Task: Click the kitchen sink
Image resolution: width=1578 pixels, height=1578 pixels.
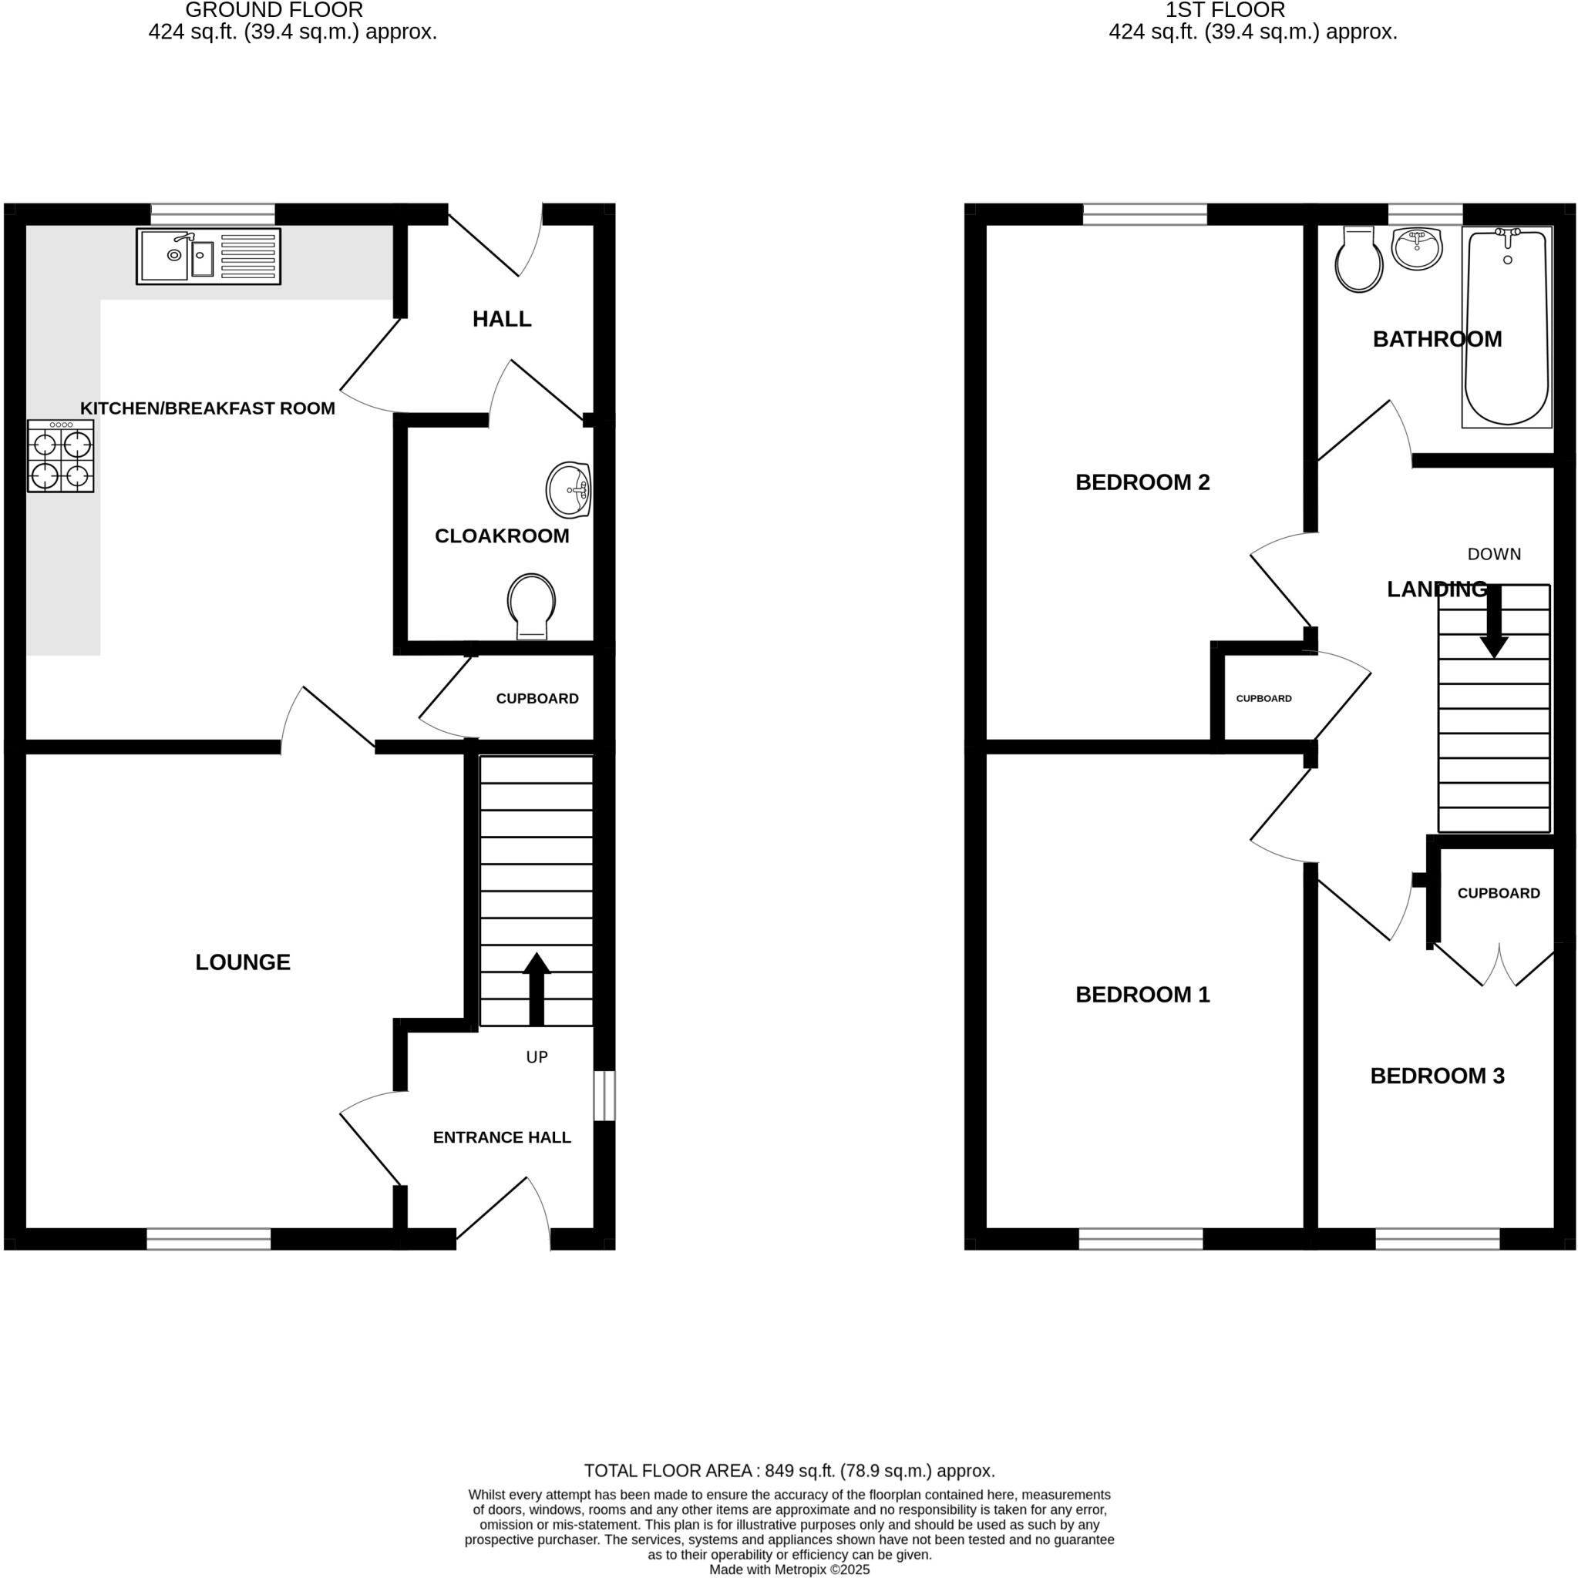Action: click(207, 256)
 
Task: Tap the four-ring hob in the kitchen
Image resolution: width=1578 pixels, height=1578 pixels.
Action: click(60, 456)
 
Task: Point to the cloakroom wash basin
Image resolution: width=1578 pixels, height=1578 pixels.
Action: click(569, 489)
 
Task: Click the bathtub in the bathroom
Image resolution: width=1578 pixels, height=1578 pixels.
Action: click(1506, 327)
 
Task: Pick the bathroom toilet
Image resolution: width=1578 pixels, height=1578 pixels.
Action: click(1358, 260)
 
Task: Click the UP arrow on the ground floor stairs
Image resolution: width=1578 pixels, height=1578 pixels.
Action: click(536, 988)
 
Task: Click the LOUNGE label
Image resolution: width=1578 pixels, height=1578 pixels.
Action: click(243, 962)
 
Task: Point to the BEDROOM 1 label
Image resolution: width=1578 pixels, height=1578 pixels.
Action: click(1142, 994)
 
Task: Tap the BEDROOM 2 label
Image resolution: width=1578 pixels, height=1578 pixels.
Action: click(1142, 482)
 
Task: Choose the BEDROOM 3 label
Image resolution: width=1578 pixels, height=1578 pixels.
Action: click(1437, 1076)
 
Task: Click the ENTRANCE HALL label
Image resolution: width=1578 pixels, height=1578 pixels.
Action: click(501, 1137)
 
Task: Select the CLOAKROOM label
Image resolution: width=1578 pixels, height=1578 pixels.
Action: click(501, 536)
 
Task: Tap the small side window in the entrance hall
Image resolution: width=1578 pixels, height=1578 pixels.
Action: click(604, 1096)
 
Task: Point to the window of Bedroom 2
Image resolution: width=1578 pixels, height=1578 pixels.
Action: click(1144, 214)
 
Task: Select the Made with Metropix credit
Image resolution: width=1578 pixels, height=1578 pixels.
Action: click(789, 1570)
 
